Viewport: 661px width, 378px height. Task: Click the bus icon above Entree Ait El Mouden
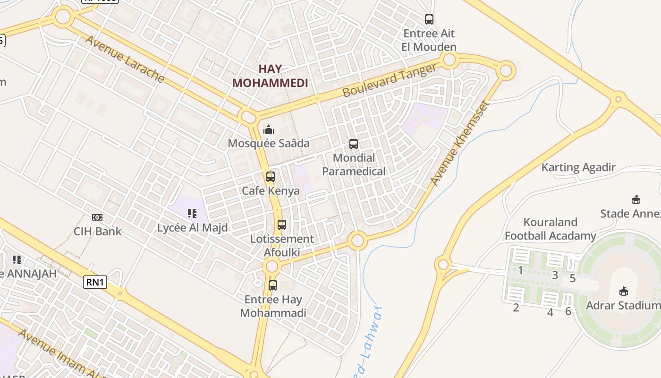[x=429, y=19]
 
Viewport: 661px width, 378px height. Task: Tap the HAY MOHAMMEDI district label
[x=270, y=76]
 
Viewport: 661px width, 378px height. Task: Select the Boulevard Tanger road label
[x=390, y=80]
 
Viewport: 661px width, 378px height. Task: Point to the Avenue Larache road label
[x=125, y=59]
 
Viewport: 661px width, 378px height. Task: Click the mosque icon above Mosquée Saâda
[x=269, y=129]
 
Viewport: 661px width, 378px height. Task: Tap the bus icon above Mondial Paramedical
[x=353, y=144]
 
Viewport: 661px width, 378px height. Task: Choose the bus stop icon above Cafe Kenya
[x=270, y=177]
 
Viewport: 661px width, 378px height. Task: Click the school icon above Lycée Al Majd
[x=192, y=214]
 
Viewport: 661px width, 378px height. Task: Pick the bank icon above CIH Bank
[x=97, y=217]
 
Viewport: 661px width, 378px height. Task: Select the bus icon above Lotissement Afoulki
[x=282, y=225]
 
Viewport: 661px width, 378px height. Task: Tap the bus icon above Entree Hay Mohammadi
[x=272, y=285]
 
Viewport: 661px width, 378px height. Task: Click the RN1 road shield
[x=95, y=283]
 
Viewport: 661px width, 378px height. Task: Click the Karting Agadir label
[x=578, y=167]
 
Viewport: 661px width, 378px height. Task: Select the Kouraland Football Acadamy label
[x=551, y=229]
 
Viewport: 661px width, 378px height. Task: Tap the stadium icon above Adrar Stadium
[x=623, y=291]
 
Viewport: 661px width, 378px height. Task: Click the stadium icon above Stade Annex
[x=636, y=199]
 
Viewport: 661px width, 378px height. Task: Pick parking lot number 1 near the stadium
[x=520, y=271]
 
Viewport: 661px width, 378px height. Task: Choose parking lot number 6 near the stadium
[x=568, y=311]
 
